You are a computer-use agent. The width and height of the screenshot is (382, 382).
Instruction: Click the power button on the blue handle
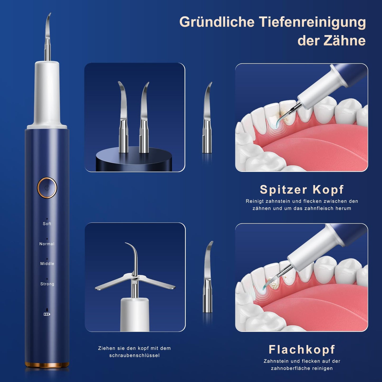[47, 188]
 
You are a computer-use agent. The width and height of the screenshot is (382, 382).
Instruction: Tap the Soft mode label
[47, 224]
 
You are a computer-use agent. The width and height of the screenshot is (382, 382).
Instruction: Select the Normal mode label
[47, 244]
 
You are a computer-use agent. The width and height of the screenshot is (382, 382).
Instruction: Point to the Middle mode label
[47, 264]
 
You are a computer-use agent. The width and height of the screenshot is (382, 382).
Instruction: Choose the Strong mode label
[47, 284]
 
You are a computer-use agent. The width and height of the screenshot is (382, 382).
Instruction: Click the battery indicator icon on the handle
[47, 314]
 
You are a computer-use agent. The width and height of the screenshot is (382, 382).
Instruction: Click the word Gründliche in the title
[217, 22]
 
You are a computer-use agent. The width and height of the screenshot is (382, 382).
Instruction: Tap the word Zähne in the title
[345, 40]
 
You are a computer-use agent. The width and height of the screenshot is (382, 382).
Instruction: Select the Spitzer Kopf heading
[301, 189]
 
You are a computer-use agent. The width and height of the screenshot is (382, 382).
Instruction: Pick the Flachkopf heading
[302, 349]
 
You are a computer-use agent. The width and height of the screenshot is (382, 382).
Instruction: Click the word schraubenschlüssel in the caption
[134, 355]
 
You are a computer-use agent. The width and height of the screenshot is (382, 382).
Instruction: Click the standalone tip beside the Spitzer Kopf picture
[208, 119]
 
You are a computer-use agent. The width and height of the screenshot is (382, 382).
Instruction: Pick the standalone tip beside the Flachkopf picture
[208, 278]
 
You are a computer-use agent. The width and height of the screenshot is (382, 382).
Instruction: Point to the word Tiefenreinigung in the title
[312, 22]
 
